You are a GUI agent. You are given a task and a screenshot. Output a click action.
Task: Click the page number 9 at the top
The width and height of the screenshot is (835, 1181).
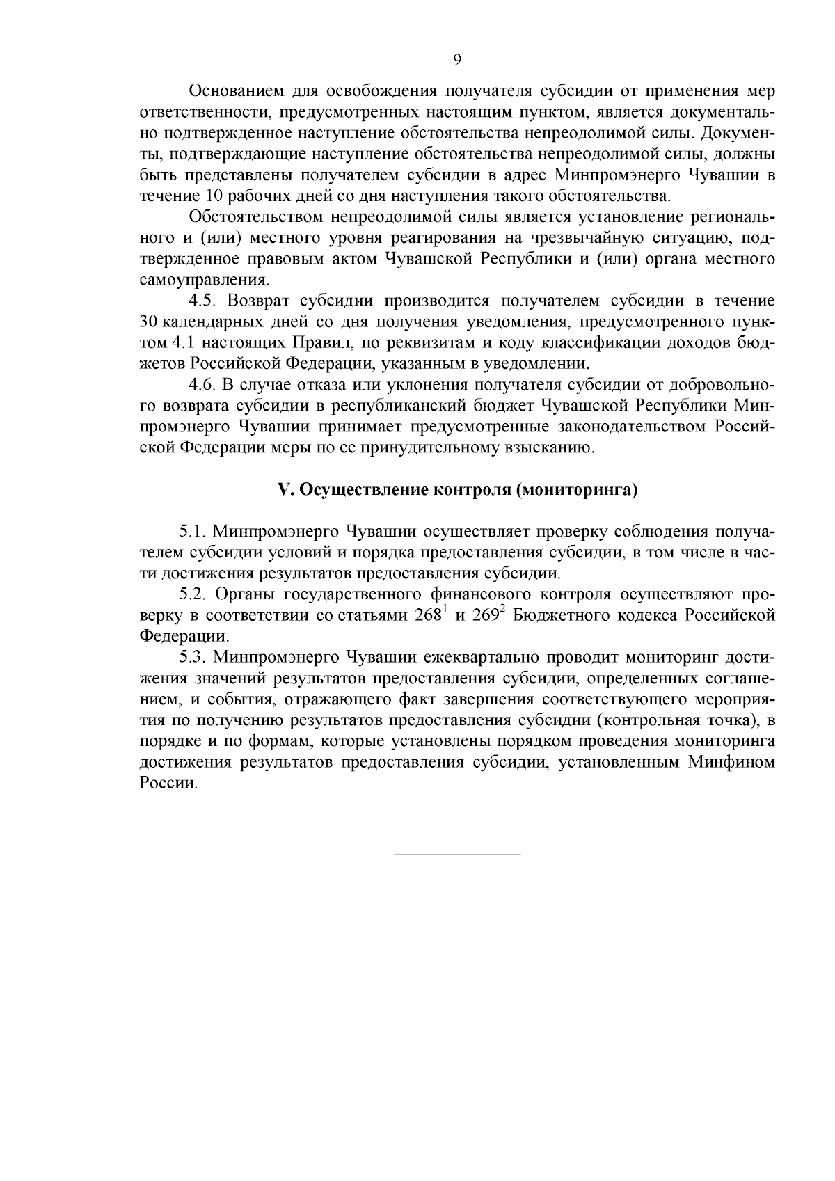click(x=457, y=61)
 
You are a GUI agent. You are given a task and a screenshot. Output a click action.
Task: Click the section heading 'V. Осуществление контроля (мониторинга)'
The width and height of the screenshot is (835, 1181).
click(x=457, y=490)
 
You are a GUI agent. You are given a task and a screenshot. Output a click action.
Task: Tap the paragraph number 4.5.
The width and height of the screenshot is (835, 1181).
click(x=205, y=301)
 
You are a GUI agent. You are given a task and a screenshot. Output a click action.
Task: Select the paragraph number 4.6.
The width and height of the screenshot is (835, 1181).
click(x=205, y=385)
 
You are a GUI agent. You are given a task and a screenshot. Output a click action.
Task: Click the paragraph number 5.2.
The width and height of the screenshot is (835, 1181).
click(x=194, y=594)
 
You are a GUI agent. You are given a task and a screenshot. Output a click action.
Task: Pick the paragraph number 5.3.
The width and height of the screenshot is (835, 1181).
click(x=194, y=657)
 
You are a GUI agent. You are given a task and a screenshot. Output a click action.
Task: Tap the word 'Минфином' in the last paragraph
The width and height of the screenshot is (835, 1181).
click(x=732, y=762)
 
